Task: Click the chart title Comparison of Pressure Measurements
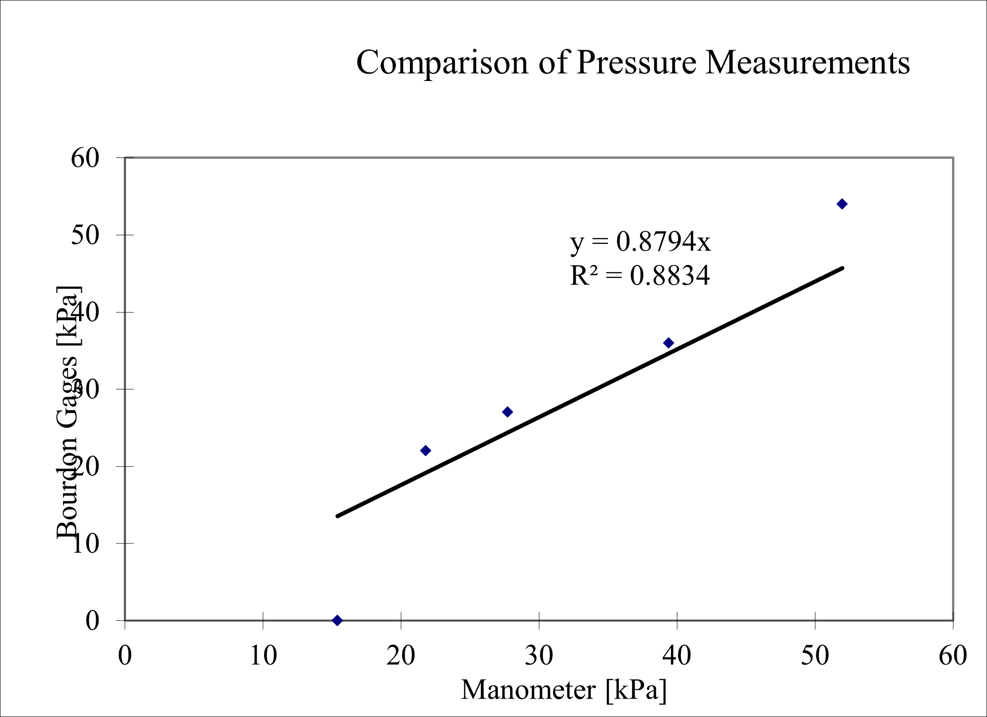[x=633, y=62]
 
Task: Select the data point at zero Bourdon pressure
[x=337, y=620]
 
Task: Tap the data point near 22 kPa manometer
[x=426, y=451]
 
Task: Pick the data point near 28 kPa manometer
[x=508, y=412]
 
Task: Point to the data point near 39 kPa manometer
[x=669, y=343]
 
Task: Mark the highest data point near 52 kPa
[x=842, y=204]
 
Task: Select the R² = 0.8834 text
[x=640, y=276]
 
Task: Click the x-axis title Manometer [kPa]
[x=564, y=690]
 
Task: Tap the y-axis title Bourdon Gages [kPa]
[x=68, y=412]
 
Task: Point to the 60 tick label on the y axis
[x=85, y=158]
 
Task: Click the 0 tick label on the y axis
[x=92, y=621]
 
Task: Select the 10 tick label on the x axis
[x=263, y=656]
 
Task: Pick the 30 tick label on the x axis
[x=539, y=656]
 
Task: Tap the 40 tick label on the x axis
[x=677, y=656]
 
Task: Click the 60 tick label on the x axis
[x=953, y=656]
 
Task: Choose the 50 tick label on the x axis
[x=815, y=656]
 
